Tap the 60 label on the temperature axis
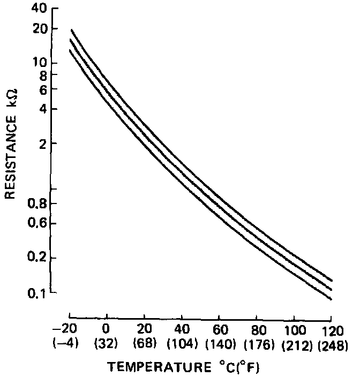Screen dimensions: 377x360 coord(219,328)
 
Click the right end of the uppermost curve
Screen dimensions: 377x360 coord(333,280)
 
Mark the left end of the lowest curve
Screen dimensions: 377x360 coord(70,50)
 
